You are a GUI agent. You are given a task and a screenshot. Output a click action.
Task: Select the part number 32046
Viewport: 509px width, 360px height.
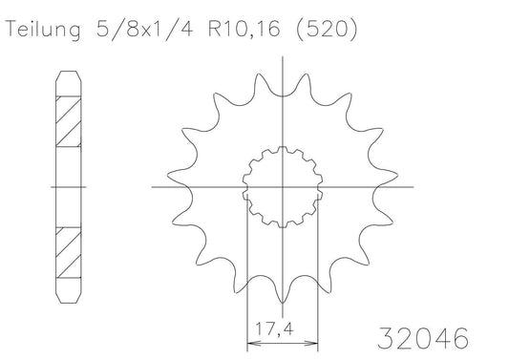tap(421, 338)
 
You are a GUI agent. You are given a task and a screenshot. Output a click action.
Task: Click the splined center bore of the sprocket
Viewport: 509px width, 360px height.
tap(283, 187)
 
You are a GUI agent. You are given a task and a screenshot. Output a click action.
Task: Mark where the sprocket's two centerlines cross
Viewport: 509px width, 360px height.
tap(283, 187)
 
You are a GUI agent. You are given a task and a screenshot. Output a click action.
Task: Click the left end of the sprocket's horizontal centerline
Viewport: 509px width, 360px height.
tap(150, 187)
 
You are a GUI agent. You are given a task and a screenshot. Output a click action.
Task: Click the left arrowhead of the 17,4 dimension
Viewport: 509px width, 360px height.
tap(251, 341)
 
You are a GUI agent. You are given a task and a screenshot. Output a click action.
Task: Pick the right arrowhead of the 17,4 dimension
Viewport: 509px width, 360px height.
tap(316, 341)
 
